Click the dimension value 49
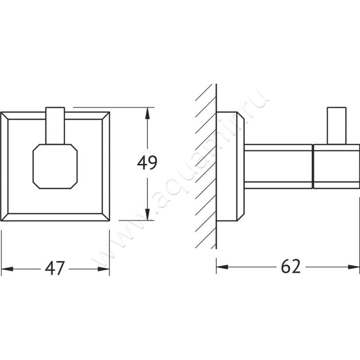147,163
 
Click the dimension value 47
54,268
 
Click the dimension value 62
291,266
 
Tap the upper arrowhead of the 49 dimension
148,113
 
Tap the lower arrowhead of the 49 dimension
148,215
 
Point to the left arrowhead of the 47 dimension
7,269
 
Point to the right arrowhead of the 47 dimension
103,269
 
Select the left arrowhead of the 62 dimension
222,267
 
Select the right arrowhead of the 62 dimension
354,267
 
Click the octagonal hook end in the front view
55,166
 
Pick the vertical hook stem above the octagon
55,126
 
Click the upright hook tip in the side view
337,126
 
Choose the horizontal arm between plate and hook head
279,166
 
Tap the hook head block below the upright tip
336,166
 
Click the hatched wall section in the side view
206,166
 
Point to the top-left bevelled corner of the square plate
4,116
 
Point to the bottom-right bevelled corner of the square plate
106,217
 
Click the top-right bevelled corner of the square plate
106,116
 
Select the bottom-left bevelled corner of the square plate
4,217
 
